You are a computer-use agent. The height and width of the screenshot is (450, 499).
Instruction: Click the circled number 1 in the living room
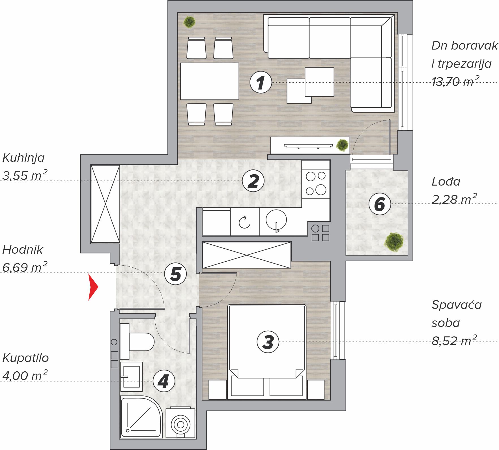coord(261,82)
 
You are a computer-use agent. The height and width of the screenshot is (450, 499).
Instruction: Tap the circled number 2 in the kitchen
coord(253,181)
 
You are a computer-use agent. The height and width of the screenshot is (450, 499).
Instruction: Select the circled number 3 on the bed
coord(268,342)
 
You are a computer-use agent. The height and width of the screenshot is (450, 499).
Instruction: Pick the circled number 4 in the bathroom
coord(164,381)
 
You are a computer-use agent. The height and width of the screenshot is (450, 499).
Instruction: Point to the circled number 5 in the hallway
coord(175,274)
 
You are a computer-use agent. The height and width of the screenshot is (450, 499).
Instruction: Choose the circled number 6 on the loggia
coord(380,204)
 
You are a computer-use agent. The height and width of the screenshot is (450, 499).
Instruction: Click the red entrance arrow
coord(93,287)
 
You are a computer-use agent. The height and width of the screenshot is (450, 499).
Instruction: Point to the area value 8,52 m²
coord(455,341)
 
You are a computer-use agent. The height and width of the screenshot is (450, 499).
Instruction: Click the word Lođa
coord(446,181)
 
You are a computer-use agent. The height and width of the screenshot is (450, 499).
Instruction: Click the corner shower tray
coord(141,417)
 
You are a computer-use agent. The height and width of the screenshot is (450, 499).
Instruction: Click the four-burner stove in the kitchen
coord(316,183)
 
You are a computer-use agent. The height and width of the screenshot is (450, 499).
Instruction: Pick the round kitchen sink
coord(276,220)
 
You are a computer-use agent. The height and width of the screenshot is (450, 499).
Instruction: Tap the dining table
coord(210,81)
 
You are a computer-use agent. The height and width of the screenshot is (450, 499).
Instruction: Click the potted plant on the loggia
coord(394,242)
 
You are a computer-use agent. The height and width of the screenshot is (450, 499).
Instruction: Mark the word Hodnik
coord(23,250)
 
